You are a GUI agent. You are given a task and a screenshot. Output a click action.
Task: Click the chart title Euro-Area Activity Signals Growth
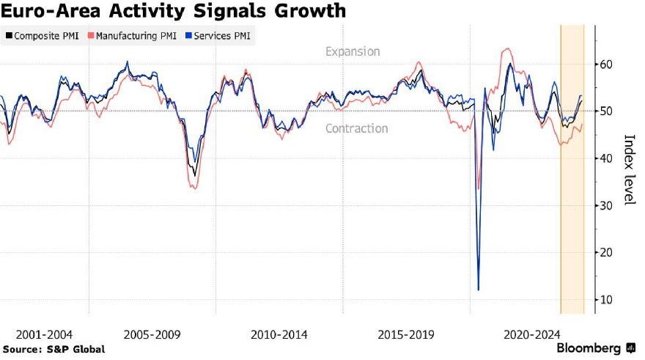(174, 12)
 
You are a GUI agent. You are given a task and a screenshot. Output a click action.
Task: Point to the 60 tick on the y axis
(606, 65)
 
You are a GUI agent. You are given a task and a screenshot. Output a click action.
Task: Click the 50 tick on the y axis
(606, 111)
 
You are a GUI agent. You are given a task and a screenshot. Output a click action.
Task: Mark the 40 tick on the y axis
(606, 158)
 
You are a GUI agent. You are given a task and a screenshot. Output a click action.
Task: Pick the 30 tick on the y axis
(606, 206)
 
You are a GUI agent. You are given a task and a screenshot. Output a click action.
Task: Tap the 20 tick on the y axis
(606, 253)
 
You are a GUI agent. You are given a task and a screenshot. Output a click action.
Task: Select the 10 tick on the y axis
(606, 300)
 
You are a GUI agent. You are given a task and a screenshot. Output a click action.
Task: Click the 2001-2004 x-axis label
(44, 334)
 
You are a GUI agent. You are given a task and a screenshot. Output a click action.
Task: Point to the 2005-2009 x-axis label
(152, 334)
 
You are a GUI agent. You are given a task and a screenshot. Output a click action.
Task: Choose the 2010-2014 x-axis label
(279, 334)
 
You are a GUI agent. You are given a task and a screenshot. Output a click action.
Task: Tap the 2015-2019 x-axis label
(406, 334)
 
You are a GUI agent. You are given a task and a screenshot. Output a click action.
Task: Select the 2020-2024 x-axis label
(532, 334)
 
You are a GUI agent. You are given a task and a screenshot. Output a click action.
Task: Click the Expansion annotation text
(353, 52)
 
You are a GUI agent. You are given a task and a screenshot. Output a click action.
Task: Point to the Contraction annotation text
(356, 129)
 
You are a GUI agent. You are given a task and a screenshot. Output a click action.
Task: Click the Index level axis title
(628, 169)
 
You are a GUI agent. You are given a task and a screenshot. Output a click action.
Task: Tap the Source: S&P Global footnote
(54, 350)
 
